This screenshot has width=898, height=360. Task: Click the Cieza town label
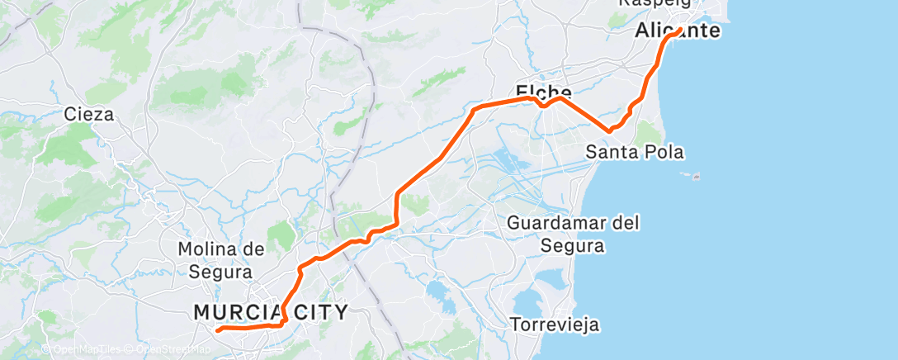coord(89,115)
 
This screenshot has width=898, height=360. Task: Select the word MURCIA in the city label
coord(233,312)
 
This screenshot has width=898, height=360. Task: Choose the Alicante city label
coord(677,32)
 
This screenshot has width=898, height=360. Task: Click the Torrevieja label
coord(554,324)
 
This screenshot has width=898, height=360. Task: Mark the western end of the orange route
coord(218,330)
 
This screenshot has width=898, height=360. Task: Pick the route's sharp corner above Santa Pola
coord(609,130)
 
